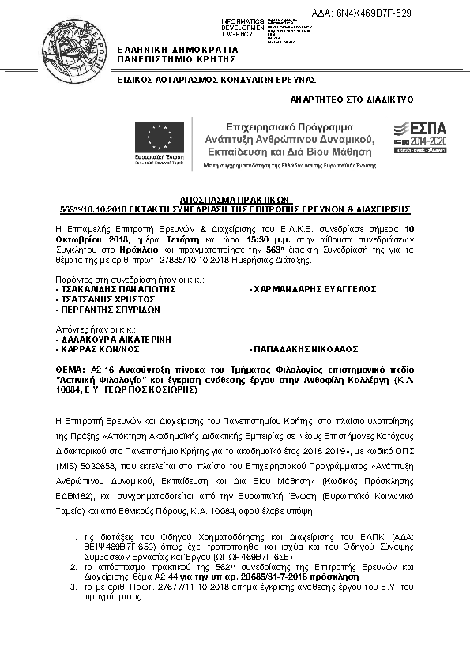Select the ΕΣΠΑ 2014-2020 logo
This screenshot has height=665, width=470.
coord(420,135)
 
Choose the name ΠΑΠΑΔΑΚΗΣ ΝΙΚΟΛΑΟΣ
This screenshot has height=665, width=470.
coord(305,348)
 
